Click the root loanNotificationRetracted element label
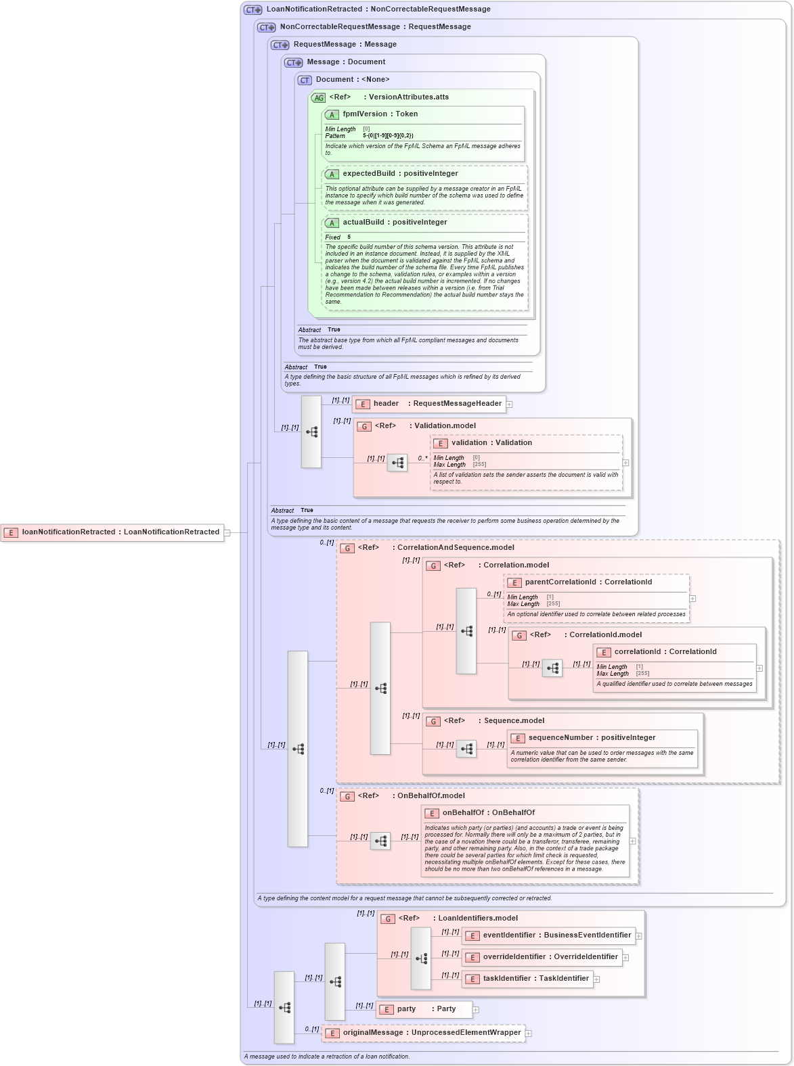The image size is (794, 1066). click(120, 532)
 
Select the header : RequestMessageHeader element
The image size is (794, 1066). click(437, 404)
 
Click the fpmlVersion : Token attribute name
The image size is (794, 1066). click(380, 114)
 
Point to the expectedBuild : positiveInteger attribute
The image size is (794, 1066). click(400, 174)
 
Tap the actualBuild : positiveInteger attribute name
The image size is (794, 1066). click(395, 223)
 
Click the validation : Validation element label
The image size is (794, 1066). click(491, 443)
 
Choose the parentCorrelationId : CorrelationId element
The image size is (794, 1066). click(588, 582)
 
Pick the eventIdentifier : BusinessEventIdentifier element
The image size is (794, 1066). click(556, 935)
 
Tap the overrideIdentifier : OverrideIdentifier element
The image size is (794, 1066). click(550, 957)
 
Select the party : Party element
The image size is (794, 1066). click(426, 1009)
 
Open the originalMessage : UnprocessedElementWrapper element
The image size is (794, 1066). click(431, 1033)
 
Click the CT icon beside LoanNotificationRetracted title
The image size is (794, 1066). click(253, 10)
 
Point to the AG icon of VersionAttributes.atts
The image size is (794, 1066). click(318, 98)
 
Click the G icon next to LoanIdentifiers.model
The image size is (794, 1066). click(388, 919)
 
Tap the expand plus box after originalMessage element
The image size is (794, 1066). click(529, 1034)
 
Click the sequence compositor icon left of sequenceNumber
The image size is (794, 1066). click(466, 749)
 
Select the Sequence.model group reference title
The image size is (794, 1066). click(514, 721)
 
